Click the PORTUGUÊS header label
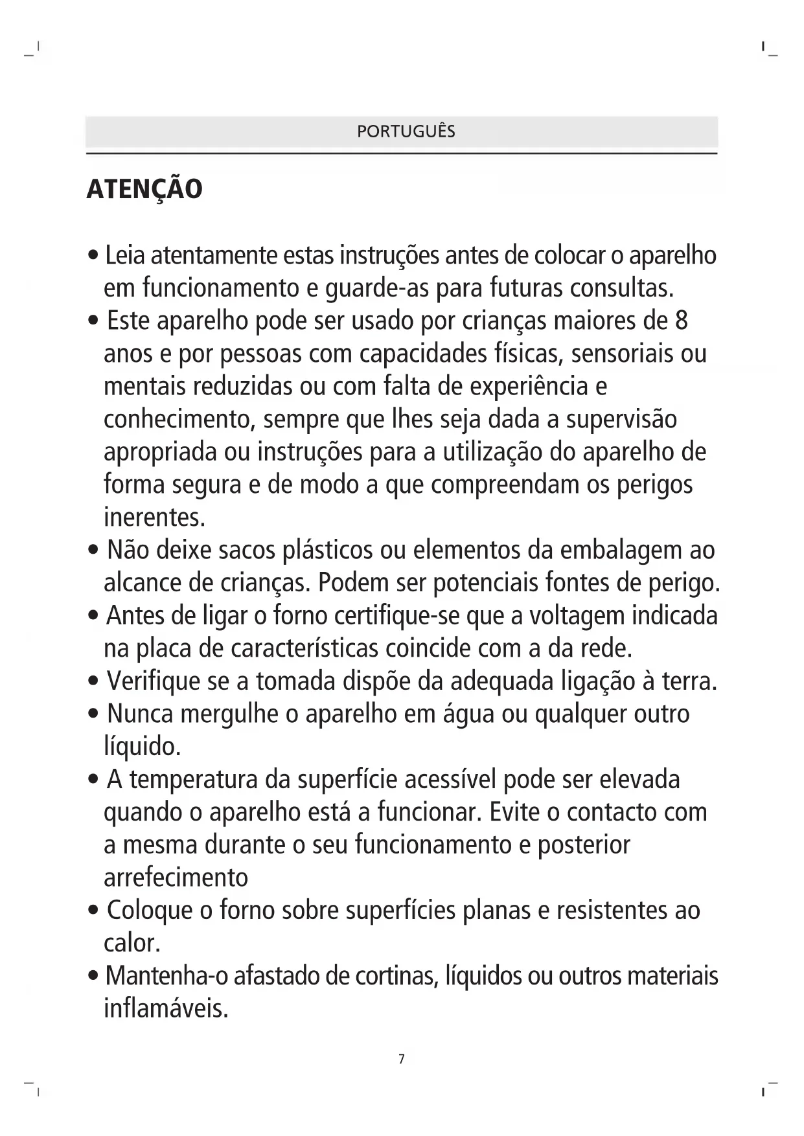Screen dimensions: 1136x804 click(406, 131)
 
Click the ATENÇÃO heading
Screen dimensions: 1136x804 click(144, 189)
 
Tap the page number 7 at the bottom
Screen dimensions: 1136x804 click(402, 1059)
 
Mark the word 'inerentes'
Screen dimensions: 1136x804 click(153, 517)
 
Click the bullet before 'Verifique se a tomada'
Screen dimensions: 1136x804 click(95, 682)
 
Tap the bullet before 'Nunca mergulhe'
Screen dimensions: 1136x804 click(95, 715)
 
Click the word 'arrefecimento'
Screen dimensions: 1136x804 click(176, 878)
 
